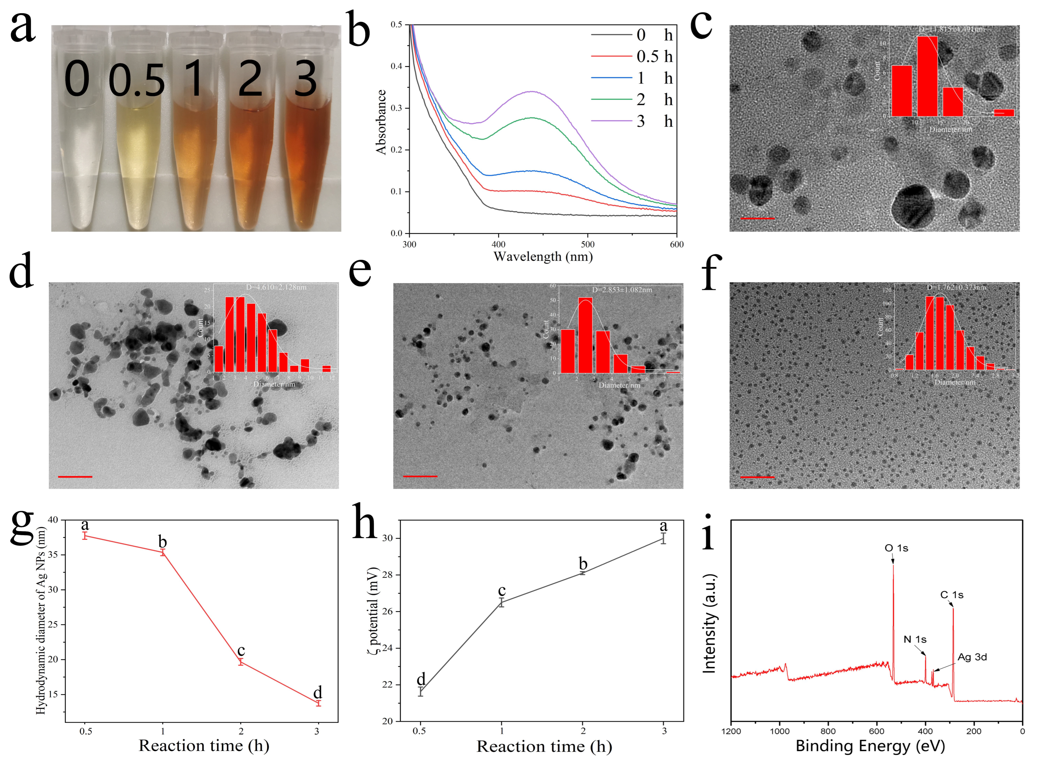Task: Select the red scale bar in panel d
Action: click(x=75, y=476)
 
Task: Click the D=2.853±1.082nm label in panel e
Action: click(x=622, y=290)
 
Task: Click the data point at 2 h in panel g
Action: click(x=240, y=662)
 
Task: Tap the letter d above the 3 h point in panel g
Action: click(x=317, y=692)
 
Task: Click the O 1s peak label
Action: click(x=896, y=548)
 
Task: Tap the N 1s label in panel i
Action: click(x=915, y=640)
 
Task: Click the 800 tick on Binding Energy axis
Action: click(x=828, y=731)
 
